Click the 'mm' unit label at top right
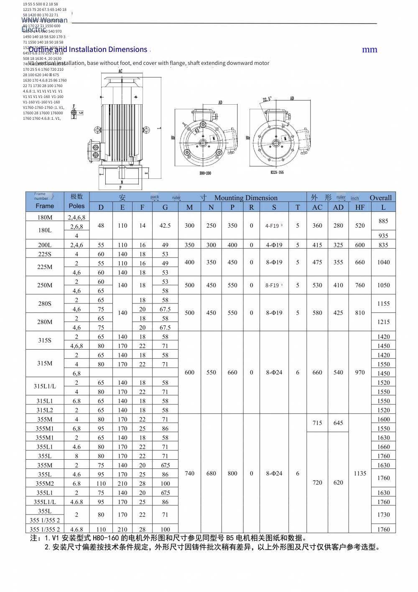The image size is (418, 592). (x=370, y=49)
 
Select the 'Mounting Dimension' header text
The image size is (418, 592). (x=246, y=198)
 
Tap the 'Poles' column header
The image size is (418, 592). (x=76, y=206)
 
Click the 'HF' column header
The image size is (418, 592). (x=360, y=207)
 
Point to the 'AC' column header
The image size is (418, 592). (x=317, y=207)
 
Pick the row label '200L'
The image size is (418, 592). (x=45, y=245)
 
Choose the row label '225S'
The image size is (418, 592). (x=45, y=254)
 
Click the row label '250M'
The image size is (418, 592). (x=45, y=285)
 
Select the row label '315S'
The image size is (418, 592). (x=45, y=340)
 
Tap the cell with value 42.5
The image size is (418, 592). (x=165, y=225)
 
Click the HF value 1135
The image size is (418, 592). (x=360, y=473)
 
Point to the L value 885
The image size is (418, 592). (x=383, y=221)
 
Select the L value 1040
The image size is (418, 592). (x=383, y=262)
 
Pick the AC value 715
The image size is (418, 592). (x=317, y=423)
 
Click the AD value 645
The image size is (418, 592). (x=338, y=423)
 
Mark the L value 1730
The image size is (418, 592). (x=383, y=515)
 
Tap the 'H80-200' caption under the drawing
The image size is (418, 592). (x=206, y=172)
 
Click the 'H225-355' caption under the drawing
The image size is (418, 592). (x=276, y=172)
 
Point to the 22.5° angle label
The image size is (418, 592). (x=267, y=99)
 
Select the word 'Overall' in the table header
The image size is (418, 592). (x=380, y=198)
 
